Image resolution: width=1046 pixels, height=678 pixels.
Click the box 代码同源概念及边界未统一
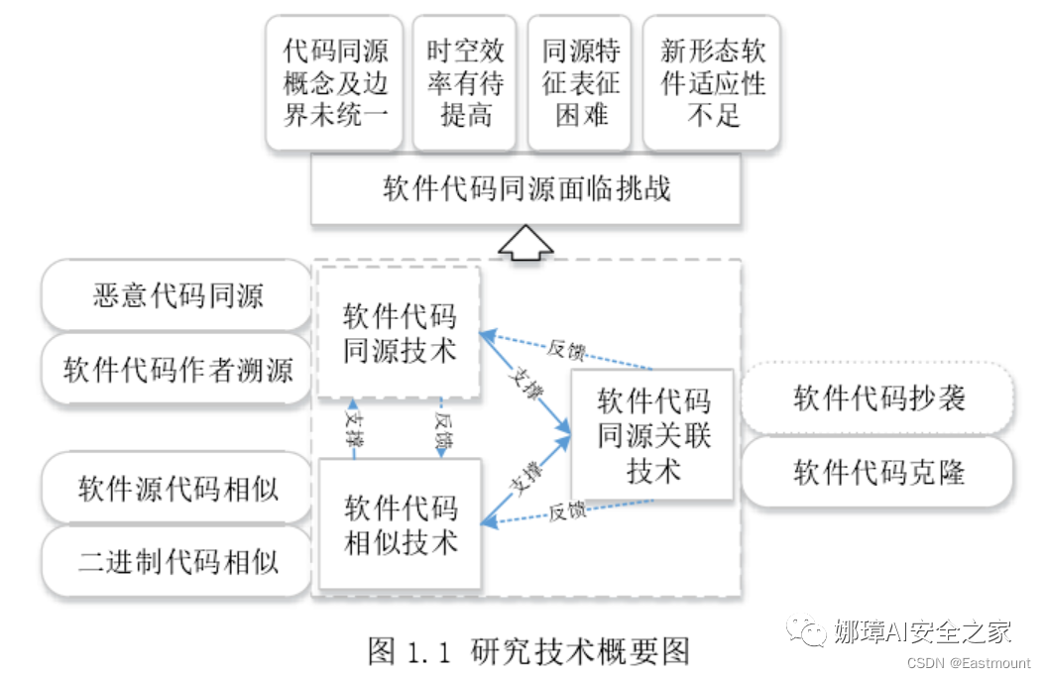coord(335,82)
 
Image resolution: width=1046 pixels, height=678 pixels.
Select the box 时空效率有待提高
coord(465,82)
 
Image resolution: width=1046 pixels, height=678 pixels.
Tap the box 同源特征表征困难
coord(580,82)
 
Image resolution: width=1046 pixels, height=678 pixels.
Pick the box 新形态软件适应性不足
coord(713,82)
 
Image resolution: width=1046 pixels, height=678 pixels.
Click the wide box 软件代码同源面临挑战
coord(525,189)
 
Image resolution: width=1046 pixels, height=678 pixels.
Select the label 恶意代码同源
coord(177,295)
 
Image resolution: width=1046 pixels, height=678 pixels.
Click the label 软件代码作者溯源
coord(177,370)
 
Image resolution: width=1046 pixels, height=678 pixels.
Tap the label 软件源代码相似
coord(177,489)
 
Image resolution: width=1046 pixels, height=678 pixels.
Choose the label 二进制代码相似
coord(177,562)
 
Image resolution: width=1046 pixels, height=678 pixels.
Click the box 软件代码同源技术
coord(399,333)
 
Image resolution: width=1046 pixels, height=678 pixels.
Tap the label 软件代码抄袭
coord(878,398)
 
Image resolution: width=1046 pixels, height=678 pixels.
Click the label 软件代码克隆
coord(878,472)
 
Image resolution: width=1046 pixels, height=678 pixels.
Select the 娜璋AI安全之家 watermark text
coord(921,631)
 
